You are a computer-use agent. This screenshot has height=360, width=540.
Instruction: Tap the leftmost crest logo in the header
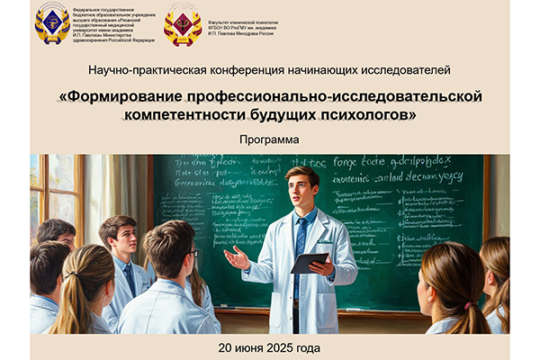52,22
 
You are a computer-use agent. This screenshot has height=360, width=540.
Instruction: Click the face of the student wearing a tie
124,240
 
